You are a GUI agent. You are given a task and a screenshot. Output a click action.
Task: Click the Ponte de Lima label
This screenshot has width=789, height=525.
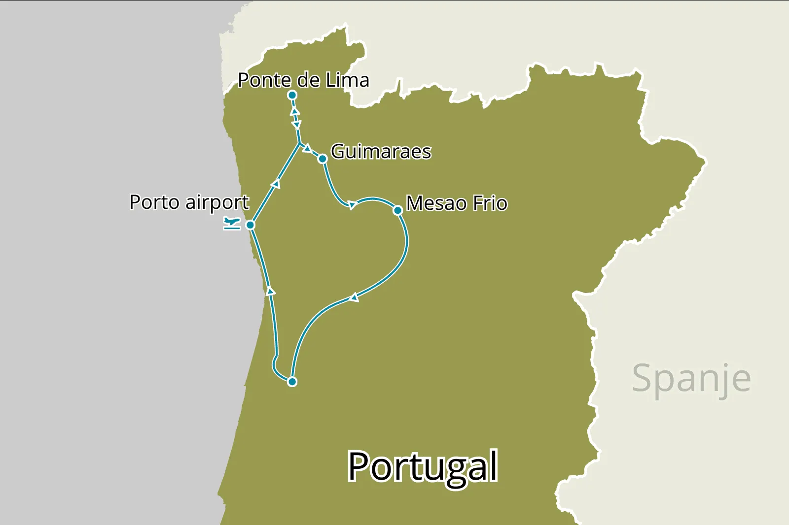click(x=303, y=80)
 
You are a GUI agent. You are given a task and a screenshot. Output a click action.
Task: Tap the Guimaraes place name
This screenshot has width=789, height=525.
click(x=381, y=152)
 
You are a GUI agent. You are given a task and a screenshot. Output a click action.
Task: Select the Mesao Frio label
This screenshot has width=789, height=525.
click(x=457, y=203)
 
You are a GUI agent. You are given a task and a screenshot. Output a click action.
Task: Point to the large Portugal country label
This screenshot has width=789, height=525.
click(x=423, y=466)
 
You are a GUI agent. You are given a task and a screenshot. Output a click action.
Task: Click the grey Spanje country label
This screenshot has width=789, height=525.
click(x=691, y=379)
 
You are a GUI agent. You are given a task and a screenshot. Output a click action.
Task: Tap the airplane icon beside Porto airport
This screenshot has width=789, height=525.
click(x=231, y=223)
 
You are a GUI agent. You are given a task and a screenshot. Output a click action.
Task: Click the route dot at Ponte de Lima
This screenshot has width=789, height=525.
click(x=292, y=95)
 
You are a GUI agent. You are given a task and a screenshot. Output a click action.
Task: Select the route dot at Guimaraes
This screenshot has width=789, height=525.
click(x=323, y=159)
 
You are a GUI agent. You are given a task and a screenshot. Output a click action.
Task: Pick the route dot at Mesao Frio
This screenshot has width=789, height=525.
click(x=397, y=210)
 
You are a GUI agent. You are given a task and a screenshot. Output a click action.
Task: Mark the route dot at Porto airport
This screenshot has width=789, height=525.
click(x=250, y=225)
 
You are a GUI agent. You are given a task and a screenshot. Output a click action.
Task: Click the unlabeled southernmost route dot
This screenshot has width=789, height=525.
click(x=292, y=382)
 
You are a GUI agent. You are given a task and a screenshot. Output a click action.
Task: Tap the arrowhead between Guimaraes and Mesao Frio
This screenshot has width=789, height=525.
click(x=352, y=205)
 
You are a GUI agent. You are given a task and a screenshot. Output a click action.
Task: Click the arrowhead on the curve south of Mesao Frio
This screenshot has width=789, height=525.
click(x=354, y=297)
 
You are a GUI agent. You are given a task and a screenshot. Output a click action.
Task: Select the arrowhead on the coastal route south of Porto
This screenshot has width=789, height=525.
click(x=270, y=291)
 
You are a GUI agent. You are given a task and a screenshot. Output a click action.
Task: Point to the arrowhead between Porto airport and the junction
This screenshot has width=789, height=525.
click(x=276, y=184)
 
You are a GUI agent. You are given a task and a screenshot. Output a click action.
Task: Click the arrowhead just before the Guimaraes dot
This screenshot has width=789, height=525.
click(x=307, y=148)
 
